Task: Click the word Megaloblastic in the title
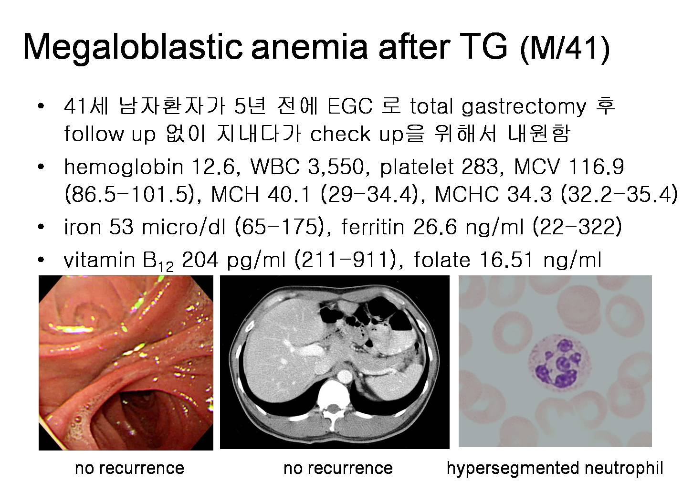click(132, 47)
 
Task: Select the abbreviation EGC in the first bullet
click(350, 106)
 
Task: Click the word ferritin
click(373, 227)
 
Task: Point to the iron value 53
click(121, 227)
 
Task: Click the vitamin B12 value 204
click(200, 260)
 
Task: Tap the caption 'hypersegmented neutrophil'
click(555, 468)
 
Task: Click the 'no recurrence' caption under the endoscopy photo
click(130, 468)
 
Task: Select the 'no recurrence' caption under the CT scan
click(338, 468)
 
